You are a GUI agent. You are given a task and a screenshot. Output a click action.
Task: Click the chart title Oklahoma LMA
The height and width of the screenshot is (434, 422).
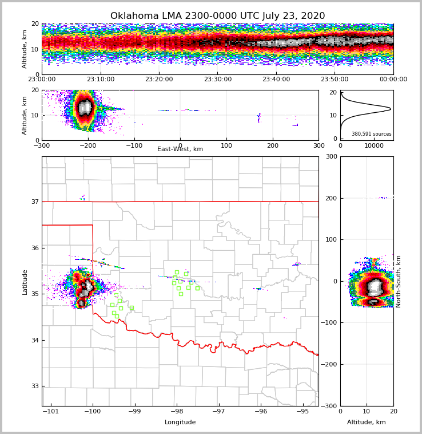click(217, 16)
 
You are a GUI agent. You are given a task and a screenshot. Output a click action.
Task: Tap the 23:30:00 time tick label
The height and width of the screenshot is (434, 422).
click(218, 80)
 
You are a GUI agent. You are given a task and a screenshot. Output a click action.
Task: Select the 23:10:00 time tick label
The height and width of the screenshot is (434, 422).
click(101, 80)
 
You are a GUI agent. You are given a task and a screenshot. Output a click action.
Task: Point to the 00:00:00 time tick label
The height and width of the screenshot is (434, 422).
click(393, 80)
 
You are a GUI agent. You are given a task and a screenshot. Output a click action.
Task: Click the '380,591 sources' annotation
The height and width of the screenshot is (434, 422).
click(372, 134)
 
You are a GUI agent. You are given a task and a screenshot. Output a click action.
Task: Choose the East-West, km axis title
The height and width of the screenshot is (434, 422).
click(180, 149)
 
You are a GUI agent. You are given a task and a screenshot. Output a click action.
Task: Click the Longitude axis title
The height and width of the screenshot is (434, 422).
click(180, 423)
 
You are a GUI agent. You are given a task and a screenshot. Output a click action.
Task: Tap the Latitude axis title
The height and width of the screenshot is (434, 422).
click(25, 282)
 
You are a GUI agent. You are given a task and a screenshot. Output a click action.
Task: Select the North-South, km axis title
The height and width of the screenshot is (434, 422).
click(399, 281)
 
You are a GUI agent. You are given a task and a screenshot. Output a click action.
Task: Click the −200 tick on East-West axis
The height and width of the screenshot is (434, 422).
click(88, 145)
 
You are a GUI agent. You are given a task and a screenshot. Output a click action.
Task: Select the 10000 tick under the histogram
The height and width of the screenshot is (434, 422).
click(374, 145)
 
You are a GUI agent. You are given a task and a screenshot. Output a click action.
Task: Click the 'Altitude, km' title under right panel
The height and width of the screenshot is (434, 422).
click(367, 423)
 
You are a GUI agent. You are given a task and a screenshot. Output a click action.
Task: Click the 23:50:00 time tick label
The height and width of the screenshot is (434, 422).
click(335, 80)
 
